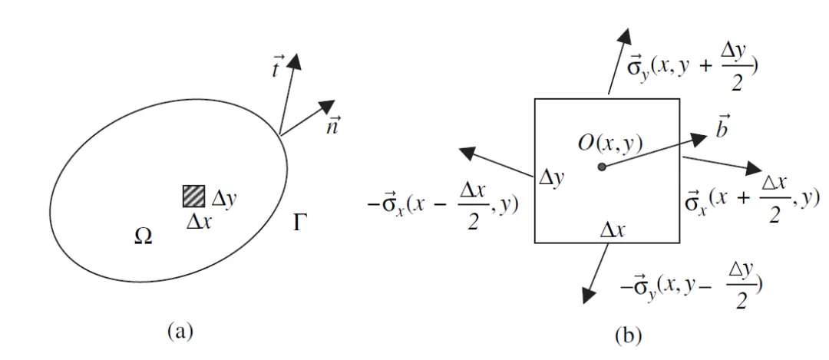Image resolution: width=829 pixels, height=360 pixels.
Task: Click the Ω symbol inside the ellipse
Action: pos(143,236)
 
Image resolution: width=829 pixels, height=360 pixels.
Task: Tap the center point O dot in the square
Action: pos(602,166)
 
